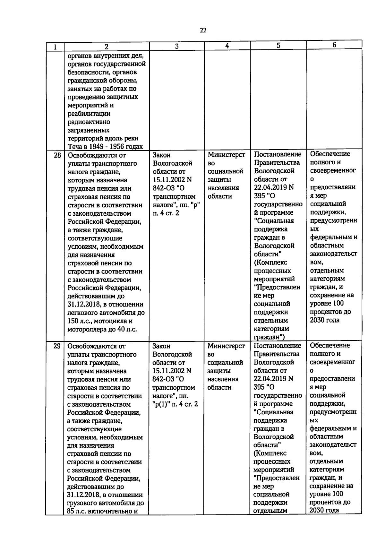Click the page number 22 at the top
point(203,30)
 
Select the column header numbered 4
point(227,46)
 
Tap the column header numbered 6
point(334,45)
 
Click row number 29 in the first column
point(57,346)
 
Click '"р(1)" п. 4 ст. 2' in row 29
point(175,404)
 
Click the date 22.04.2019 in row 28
point(269,187)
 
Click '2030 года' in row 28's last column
point(324,320)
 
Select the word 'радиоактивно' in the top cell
point(89,122)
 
